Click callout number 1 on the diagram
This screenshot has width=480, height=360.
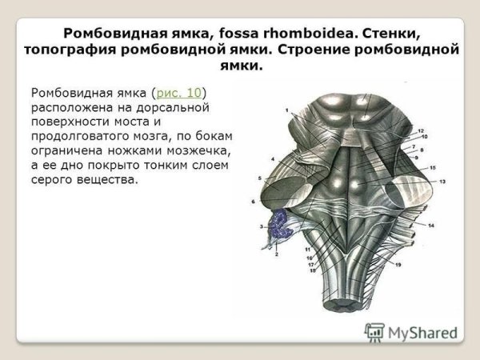[286, 108]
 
